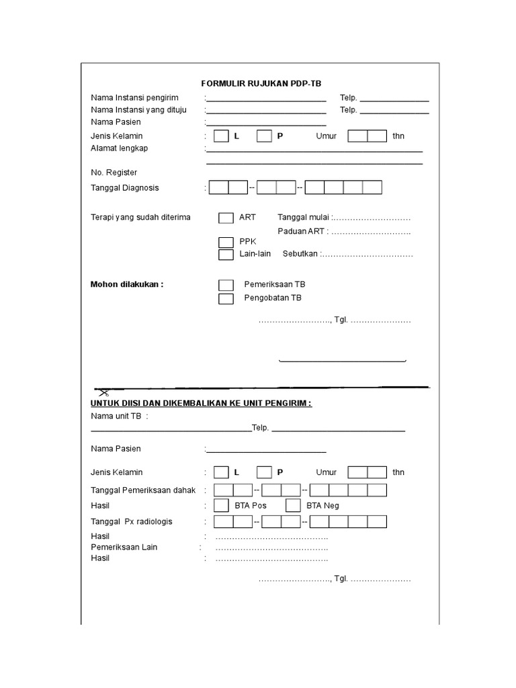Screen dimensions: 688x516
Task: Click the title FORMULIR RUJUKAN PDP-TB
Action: tap(261, 83)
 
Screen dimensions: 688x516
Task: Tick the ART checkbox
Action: tap(226, 218)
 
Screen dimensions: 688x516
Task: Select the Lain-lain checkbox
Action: tap(226, 255)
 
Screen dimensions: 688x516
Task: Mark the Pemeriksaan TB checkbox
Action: tap(226, 285)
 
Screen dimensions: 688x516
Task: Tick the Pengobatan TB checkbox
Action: tap(226, 298)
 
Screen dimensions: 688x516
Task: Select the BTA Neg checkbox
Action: tap(293, 505)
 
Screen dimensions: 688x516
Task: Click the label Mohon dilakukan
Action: tap(127, 284)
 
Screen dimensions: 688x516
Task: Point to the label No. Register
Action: tap(114, 173)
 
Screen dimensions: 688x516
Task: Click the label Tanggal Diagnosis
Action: tap(125, 188)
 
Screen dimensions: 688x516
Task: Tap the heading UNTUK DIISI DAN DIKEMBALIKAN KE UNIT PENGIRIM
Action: tap(201, 403)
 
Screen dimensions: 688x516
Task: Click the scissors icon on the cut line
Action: tap(103, 391)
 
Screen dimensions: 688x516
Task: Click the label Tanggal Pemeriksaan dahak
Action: tap(143, 490)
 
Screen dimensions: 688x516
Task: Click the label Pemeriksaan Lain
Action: tap(124, 547)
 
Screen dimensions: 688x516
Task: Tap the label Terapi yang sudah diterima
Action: tap(140, 218)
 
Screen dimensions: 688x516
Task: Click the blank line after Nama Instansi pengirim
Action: tap(267, 99)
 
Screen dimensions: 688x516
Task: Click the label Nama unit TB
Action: tap(116, 417)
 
